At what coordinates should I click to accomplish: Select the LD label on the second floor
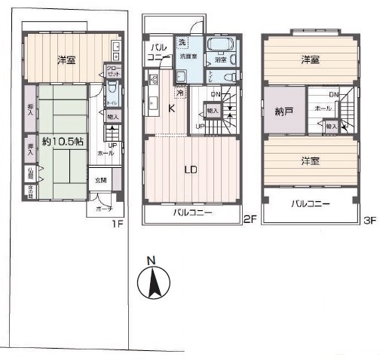tap(191, 169)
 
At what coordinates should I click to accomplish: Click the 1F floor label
tap(118, 224)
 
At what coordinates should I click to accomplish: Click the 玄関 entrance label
tap(100, 181)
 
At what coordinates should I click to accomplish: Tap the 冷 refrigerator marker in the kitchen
tap(180, 93)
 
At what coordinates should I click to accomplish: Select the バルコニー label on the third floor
tap(309, 203)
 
